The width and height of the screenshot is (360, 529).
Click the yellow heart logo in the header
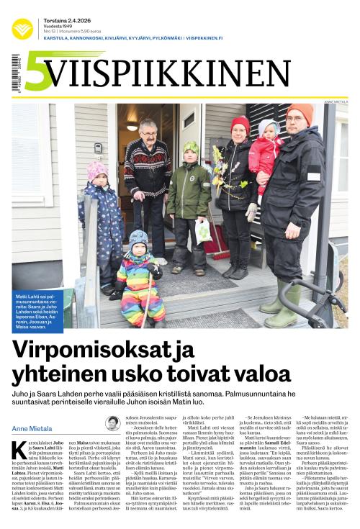click(22, 28)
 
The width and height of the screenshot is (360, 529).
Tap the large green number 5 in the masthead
click(37, 73)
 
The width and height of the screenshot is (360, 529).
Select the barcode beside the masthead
click(15, 73)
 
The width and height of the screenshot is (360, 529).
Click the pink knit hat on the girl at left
click(96, 170)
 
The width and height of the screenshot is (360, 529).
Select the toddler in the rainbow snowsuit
click(140, 277)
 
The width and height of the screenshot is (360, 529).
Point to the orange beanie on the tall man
click(301, 112)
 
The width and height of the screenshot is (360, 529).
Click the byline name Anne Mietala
click(33, 430)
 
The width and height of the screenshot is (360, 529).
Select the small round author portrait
click(112, 422)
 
